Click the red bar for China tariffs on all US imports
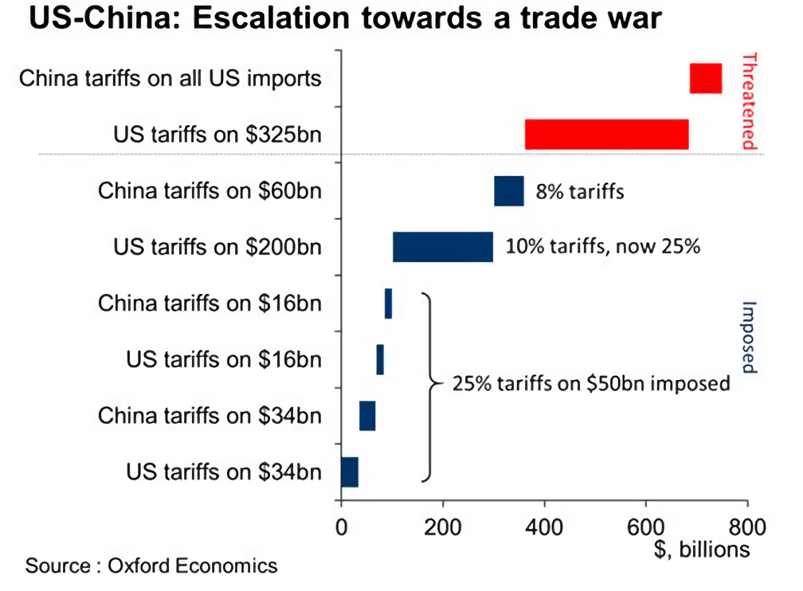[705, 78]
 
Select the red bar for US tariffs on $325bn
[606, 134]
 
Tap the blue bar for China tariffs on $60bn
[508, 191]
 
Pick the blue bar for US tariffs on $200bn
[442, 247]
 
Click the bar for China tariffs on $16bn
[388, 303]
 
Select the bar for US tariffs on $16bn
[380, 359]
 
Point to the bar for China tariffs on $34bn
[366, 416]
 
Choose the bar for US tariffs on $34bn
[350, 472]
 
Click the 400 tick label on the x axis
[544, 526]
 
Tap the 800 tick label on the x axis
[746, 526]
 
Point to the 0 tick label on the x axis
[341, 526]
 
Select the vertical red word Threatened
[748, 101]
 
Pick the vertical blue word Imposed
[748, 337]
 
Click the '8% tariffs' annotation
[579, 192]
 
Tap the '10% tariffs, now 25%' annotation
[603, 247]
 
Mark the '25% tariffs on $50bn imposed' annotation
[591, 384]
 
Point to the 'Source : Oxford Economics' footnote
[151, 566]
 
